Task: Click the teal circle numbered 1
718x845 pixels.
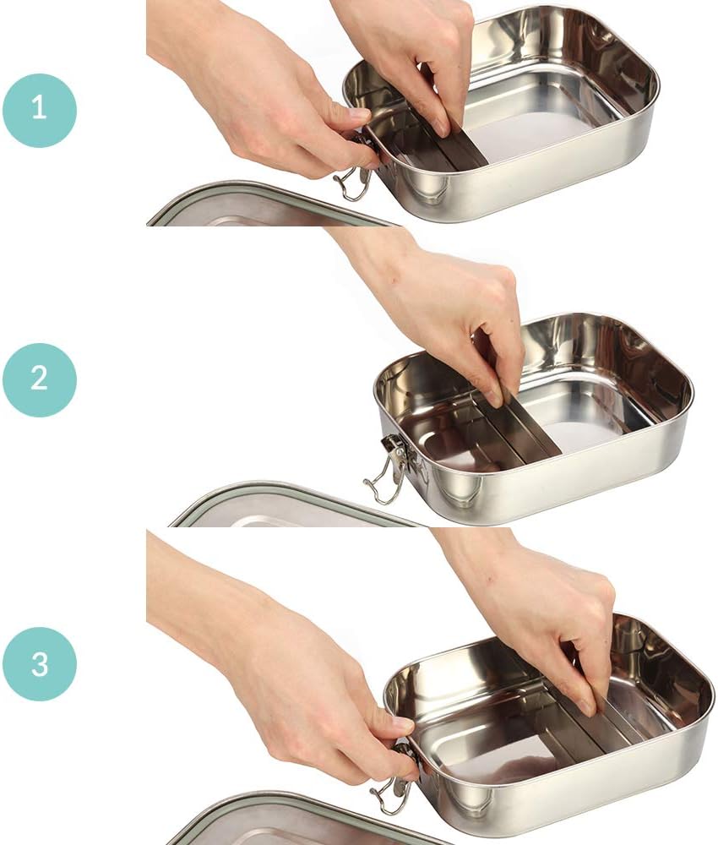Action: tap(39, 111)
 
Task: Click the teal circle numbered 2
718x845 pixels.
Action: tap(39, 379)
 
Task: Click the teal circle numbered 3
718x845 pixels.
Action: tap(39, 663)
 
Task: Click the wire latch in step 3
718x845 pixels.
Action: tap(390, 790)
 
